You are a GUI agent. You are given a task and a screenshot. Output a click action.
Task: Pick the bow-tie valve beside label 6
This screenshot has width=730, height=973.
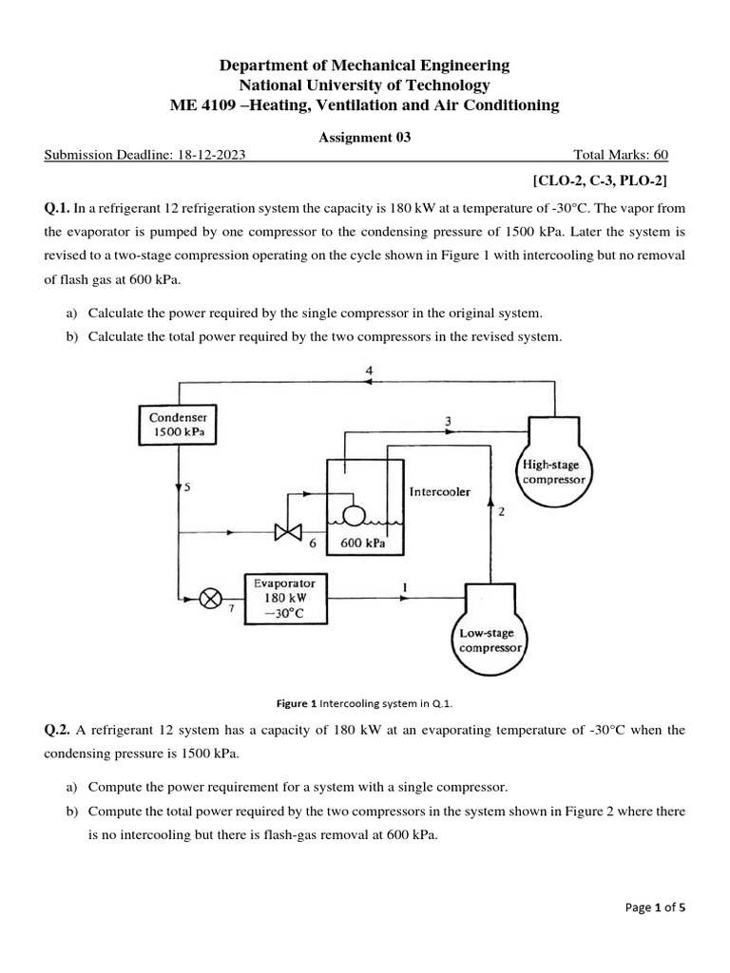[287, 532]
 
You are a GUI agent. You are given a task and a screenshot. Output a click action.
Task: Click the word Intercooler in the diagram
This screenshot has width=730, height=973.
[439, 492]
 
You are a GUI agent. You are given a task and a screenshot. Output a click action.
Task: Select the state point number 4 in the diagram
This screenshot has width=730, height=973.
[369, 369]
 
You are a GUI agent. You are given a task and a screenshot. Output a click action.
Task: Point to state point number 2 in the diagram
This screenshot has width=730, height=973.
[500, 513]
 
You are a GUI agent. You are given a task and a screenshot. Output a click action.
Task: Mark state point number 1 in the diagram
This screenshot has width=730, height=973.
[406, 587]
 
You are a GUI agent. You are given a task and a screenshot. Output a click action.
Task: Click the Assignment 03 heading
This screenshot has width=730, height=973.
[364, 137]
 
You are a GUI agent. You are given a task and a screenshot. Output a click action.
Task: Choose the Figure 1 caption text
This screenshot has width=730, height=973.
[364, 703]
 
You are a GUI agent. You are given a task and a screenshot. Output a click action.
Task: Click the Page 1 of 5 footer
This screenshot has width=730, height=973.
[655, 907]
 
